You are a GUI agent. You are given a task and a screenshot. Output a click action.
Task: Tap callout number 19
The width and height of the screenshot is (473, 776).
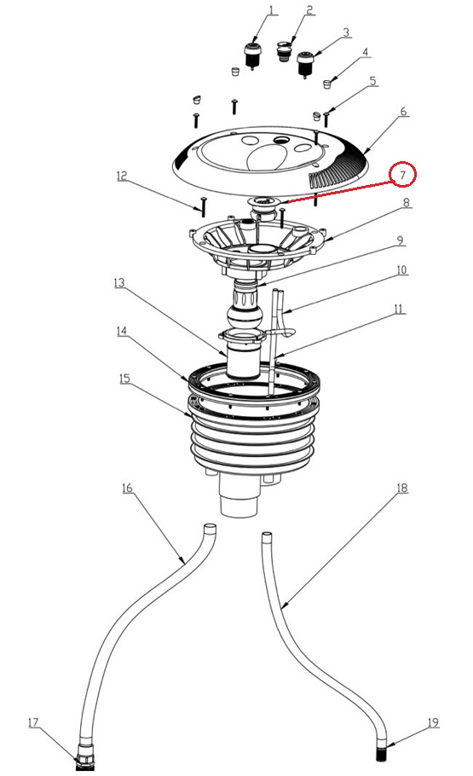[x=433, y=722]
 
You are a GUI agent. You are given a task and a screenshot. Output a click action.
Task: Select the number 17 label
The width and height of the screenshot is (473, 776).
[x=33, y=723]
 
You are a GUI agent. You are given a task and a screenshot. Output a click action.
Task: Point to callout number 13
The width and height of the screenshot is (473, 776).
[x=119, y=282]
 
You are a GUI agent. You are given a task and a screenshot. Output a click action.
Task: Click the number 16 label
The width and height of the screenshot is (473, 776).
[x=127, y=488]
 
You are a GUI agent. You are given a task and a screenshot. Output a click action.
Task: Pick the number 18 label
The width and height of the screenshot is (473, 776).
[x=402, y=488]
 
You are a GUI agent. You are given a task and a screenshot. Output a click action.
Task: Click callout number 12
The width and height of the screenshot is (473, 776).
[x=122, y=176]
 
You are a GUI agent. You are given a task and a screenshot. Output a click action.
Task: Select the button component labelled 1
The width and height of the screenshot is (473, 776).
[x=252, y=55]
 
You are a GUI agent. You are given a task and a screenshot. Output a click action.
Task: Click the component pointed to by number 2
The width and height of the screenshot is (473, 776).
[x=284, y=51]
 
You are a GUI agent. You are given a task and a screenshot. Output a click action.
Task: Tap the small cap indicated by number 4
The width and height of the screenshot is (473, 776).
[x=326, y=84]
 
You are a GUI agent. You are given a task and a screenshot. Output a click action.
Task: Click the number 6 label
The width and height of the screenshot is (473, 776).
[x=404, y=112]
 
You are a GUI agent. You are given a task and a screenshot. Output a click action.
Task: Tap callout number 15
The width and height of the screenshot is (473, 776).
[x=124, y=379]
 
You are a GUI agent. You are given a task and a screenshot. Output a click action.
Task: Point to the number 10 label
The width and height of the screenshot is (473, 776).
[x=401, y=269]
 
